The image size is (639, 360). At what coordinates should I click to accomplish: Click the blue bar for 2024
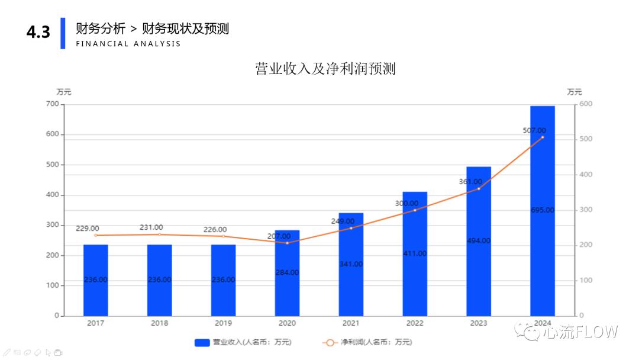[x=542, y=178]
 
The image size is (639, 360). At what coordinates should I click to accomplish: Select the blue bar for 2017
[x=95, y=261]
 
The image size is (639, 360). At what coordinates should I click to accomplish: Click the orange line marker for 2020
[x=288, y=243]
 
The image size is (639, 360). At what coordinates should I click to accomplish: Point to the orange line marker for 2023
[x=479, y=189]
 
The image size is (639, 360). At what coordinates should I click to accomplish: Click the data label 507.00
[x=534, y=130]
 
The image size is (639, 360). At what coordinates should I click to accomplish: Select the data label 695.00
[x=542, y=210]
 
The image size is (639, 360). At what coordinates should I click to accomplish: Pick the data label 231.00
[x=151, y=227]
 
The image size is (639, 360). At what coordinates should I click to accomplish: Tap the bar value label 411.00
[x=414, y=253]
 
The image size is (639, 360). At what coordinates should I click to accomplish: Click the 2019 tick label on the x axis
[x=223, y=323]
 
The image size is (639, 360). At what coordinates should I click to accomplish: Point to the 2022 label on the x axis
[x=415, y=323]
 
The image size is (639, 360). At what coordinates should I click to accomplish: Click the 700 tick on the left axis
[x=53, y=104]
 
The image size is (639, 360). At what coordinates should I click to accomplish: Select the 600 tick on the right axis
[x=586, y=104]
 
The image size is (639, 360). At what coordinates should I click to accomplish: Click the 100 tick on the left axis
[x=53, y=285]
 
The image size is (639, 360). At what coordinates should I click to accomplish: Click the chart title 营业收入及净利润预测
[x=325, y=69]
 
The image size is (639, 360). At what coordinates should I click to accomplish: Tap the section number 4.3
[x=38, y=33]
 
